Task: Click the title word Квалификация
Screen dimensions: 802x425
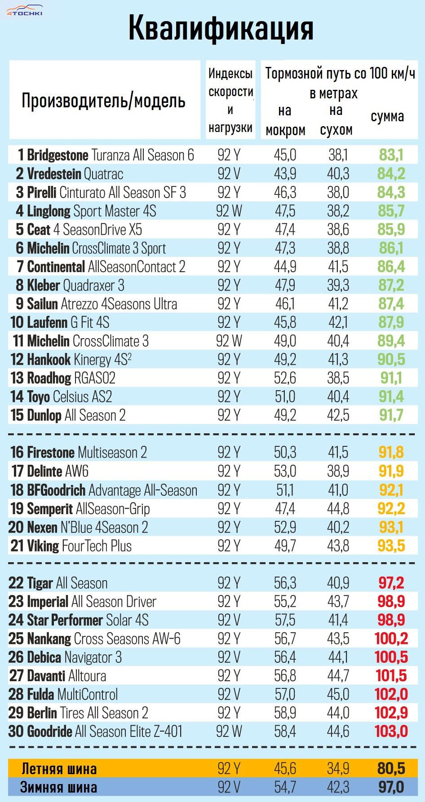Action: click(x=220, y=28)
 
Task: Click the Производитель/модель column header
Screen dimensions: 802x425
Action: click(x=103, y=101)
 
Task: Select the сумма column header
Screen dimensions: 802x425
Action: click(x=387, y=116)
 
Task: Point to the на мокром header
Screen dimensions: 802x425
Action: click(x=285, y=120)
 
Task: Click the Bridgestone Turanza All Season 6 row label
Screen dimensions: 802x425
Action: click(x=106, y=155)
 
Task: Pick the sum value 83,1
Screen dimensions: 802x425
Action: click(x=391, y=155)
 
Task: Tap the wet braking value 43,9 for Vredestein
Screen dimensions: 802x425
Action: click(x=285, y=174)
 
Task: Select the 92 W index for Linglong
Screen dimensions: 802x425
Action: click(x=229, y=211)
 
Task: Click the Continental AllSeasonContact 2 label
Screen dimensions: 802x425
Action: click(x=101, y=267)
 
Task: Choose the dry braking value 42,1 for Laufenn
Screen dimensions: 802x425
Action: click(x=338, y=322)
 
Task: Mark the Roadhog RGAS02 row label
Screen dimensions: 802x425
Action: click(x=63, y=378)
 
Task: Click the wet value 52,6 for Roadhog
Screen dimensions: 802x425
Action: click(x=285, y=378)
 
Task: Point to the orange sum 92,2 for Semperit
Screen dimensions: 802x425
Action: click(x=391, y=509)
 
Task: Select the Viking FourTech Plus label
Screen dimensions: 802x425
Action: click(x=71, y=546)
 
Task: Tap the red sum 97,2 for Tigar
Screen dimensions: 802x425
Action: click(x=391, y=583)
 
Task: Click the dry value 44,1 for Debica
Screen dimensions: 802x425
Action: click(x=338, y=657)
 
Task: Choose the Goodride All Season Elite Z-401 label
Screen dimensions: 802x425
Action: click(x=96, y=731)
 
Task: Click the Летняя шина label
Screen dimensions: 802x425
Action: click(x=59, y=769)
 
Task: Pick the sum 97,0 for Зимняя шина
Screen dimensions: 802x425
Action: click(x=391, y=787)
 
